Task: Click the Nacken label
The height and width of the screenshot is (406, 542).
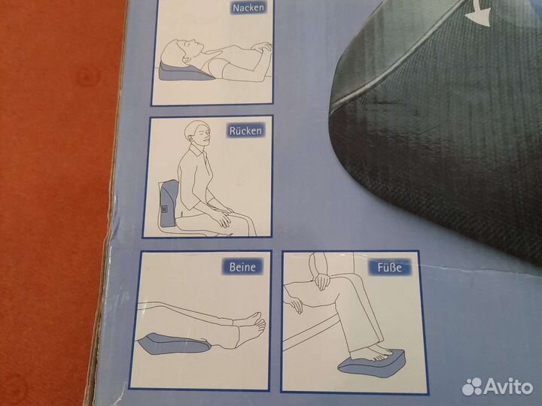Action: (x=249, y=8)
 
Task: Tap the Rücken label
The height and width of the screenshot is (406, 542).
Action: (x=245, y=131)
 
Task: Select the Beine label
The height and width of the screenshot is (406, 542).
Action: (x=242, y=266)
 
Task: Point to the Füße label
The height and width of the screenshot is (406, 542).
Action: (x=390, y=268)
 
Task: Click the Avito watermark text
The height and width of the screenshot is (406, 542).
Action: (x=508, y=386)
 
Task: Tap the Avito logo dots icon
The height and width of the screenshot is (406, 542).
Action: (x=472, y=386)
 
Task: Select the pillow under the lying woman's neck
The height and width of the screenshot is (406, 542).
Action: (x=185, y=72)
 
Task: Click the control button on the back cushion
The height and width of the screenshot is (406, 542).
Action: (x=165, y=209)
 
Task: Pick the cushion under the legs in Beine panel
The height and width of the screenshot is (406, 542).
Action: (x=173, y=344)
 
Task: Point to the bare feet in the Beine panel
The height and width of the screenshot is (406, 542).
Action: (x=251, y=328)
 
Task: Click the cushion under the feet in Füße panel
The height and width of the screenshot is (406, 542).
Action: (x=372, y=362)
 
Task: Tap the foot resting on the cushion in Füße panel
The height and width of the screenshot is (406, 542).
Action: (x=370, y=351)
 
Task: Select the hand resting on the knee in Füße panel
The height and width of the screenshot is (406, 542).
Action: (x=321, y=280)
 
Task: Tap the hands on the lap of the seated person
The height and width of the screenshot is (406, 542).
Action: (x=221, y=214)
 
